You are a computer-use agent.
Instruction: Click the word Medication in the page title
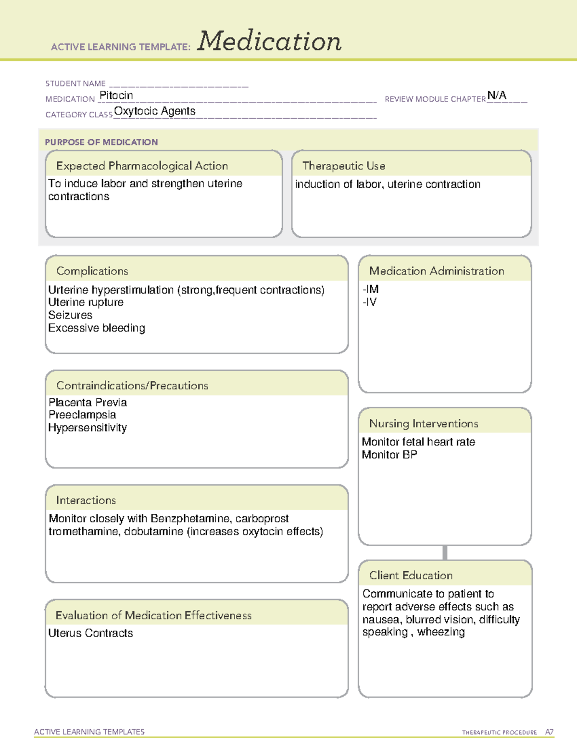coord(269,41)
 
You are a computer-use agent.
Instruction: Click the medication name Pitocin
coord(116,96)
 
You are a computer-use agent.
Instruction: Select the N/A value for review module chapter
coord(497,95)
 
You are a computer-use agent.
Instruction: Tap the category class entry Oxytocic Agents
coord(155,111)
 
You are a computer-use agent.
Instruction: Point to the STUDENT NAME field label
coord(75,84)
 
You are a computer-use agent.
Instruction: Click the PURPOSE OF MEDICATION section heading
coord(101,142)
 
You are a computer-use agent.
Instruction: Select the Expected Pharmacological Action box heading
coord(142,166)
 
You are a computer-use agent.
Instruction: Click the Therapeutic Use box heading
coord(344,166)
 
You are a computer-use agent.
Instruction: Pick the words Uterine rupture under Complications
coord(86,303)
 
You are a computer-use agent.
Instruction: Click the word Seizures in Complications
coord(70,315)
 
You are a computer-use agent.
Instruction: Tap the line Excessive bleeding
coord(97,328)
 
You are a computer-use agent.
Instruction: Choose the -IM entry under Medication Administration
coord(371,289)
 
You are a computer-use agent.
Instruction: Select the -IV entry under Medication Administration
coord(370,302)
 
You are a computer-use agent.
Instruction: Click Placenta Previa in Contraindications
coord(88,403)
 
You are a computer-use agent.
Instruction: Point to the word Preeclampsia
coord(82,415)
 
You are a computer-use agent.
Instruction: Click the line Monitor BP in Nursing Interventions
coord(389,455)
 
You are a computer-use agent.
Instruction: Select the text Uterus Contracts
coord(90,634)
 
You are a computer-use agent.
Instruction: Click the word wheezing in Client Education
coord(441,632)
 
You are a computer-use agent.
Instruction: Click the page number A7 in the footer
coord(549,732)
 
